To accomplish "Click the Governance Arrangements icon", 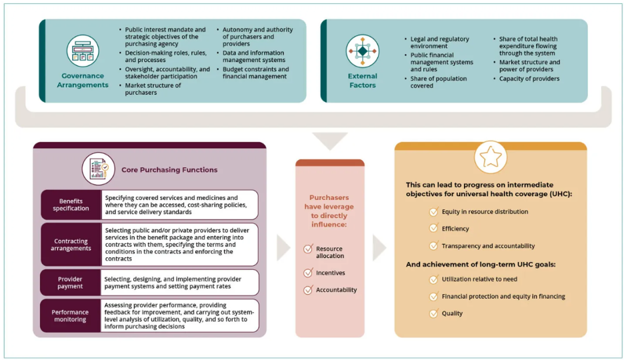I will coord(83,51).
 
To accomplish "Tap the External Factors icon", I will coord(362,51).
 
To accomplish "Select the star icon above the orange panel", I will coord(490,157).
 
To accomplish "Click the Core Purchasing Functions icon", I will coord(99,169).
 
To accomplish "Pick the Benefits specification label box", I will coord(71,205).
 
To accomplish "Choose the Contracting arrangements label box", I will coord(71,245).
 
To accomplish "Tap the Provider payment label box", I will coord(71,283).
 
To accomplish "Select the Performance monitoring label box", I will coord(71,315).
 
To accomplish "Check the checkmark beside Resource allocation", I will coord(308,249).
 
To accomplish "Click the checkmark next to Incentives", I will coord(308,273).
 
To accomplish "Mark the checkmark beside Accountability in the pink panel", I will coord(308,290).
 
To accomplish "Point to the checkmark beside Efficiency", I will coord(433,229).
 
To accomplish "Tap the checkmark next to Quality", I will coord(433,313).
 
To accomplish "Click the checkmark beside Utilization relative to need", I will coord(433,279).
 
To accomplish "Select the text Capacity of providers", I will coord(529,79).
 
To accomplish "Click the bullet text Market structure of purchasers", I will coord(153,89).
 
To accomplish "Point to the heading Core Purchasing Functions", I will coord(169,169).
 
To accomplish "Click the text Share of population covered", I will coord(439,82).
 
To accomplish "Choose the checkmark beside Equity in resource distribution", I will coord(433,212).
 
